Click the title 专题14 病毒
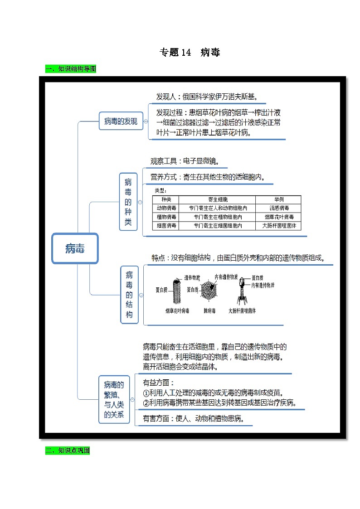(190, 53)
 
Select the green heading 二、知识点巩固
(68, 451)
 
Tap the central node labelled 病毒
(75, 248)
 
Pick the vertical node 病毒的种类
(128, 202)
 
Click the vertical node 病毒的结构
(129, 295)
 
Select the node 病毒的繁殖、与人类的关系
(114, 399)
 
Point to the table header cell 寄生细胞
(217, 200)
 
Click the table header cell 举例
(278, 200)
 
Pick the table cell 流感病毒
(278, 208)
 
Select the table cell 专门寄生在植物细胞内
(217, 217)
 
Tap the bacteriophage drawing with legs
(243, 290)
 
